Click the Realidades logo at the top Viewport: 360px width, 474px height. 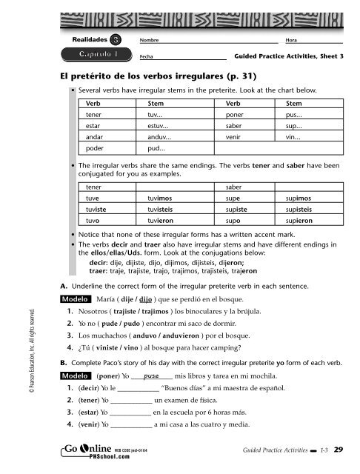coord(97,38)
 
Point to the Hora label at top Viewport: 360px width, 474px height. coord(281,39)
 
